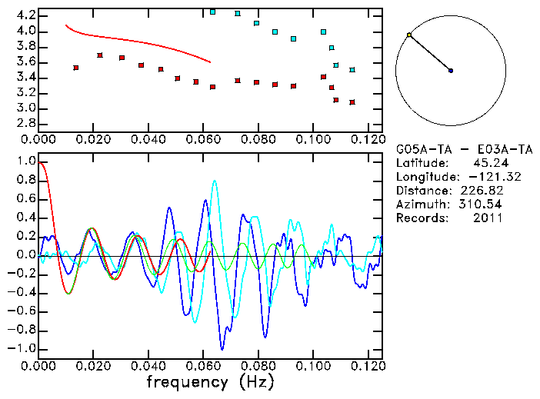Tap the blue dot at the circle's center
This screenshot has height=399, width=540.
451,71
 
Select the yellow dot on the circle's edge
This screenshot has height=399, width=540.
409,35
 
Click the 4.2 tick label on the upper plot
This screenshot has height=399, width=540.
26,15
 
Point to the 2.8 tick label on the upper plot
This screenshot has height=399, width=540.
26,123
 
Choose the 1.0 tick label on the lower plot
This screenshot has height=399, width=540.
26,161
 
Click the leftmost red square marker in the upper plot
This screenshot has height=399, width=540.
75,68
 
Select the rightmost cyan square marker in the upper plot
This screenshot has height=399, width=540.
352,70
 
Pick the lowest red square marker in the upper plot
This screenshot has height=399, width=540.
352,102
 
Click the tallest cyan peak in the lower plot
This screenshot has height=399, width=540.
215,181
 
